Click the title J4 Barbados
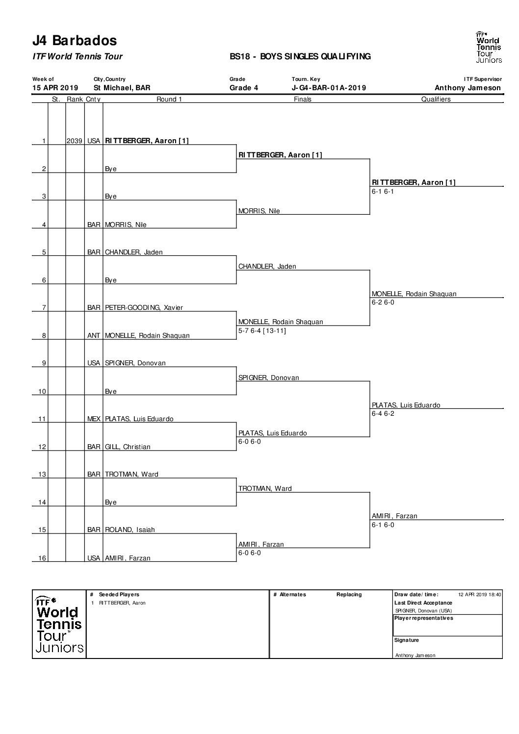point(75,40)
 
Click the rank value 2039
point(75,141)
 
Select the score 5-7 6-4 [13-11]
point(262,330)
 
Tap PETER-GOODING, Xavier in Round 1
point(144,307)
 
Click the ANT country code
point(94,335)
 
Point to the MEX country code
point(94,419)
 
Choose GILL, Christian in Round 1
point(128,447)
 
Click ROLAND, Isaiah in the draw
point(130,530)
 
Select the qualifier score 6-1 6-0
point(383,525)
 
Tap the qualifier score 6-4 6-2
point(383,413)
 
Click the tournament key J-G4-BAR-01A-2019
point(329,88)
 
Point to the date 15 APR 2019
point(55,88)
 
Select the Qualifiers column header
point(436,99)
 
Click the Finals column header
point(302,99)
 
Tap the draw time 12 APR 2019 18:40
point(480,594)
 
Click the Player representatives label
point(424,618)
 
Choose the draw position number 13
point(42,474)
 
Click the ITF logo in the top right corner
point(489,47)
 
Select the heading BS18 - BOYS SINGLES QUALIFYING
point(300,56)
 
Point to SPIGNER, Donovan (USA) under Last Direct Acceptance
point(424,610)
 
